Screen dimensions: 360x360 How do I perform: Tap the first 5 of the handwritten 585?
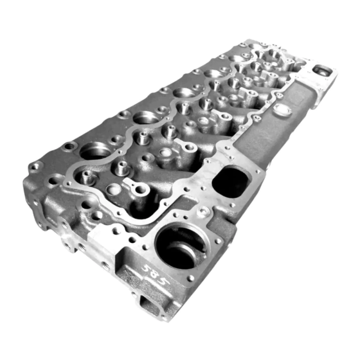pos(146,268)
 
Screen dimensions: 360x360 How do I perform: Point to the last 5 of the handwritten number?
pos(164,280)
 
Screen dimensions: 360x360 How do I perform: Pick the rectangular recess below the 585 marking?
pos(149,304)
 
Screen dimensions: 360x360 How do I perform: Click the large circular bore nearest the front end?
pos(96,151)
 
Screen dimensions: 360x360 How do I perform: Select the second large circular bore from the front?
pos(146,118)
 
